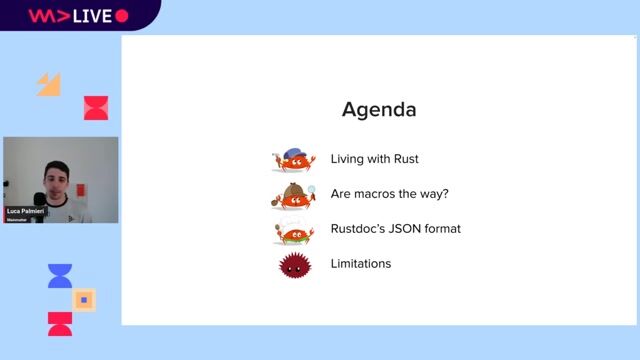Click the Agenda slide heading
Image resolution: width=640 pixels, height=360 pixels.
pyautogui.click(x=379, y=109)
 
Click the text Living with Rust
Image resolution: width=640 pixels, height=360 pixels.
pyautogui.click(x=375, y=159)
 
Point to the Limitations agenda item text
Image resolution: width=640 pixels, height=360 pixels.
pyautogui.click(x=360, y=264)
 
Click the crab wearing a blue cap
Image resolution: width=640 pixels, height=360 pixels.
pyautogui.click(x=294, y=159)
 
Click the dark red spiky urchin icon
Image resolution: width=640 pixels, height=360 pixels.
pyautogui.click(x=294, y=265)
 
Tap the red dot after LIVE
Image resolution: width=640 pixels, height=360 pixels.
pyautogui.click(x=122, y=16)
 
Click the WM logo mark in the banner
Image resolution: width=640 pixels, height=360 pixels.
pyautogui.click(x=45, y=16)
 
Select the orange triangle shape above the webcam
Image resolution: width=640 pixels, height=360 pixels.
pyautogui.click(x=49, y=84)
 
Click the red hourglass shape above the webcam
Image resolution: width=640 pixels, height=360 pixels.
pyautogui.click(x=96, y=108)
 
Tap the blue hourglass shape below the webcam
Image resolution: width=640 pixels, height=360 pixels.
pyautogui.click(x=60, y=276)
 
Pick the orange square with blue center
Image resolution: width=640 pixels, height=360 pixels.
pyautogui.click(x=85, y=299)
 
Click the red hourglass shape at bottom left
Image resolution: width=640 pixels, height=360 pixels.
pyautogui.click(x=60, y=323)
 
